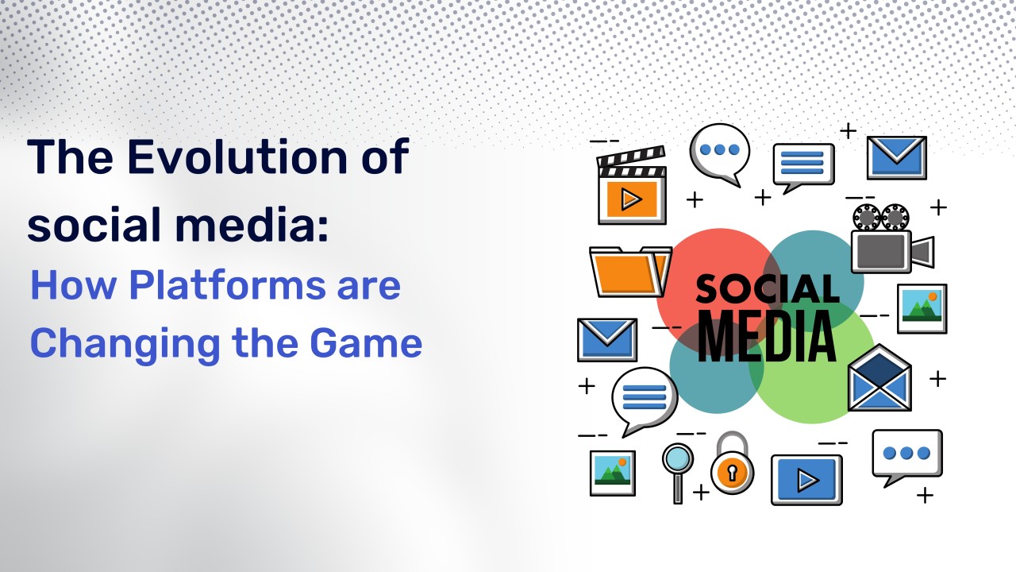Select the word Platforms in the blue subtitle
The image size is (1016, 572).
click(x=227, y=285)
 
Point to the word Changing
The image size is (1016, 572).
click(x=125, y=346)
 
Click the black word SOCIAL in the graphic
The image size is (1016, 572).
click(x=768, y=288)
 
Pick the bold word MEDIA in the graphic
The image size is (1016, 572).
click(x=767, y=336)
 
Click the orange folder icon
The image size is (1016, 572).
click(x=630, y=272)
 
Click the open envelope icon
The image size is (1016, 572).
click(x=879, y=377)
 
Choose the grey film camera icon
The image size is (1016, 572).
click(x=891, y=239)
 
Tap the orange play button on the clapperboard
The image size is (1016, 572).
click(x=632, y=199)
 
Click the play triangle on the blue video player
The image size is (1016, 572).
click(x=808, y=480)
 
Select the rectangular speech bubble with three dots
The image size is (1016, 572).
click(x=907, y=457)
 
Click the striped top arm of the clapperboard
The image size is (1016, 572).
click(x=631, y=156)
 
